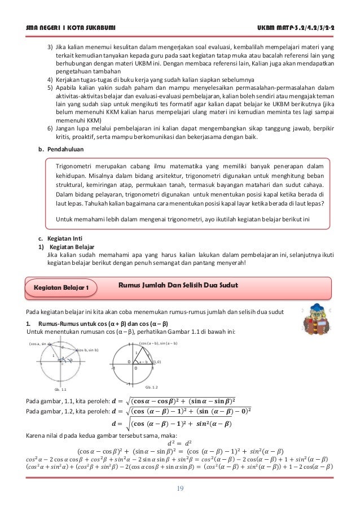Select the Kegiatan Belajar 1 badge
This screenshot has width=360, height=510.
[62, 288]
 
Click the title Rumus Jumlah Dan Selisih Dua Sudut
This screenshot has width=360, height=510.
[178, 285]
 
